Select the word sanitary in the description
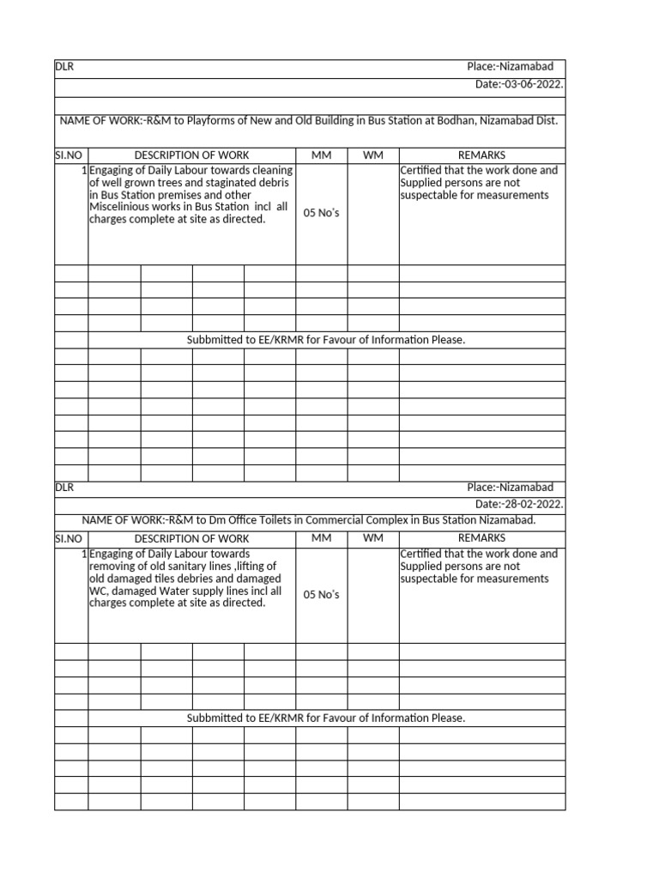191,567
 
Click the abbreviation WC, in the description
99,591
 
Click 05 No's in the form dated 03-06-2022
321,213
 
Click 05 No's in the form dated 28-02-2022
321,596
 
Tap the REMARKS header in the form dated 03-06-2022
481,155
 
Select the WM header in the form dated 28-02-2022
372,538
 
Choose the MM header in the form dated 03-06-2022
321,155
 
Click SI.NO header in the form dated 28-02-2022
69,538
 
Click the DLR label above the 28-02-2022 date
64,487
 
